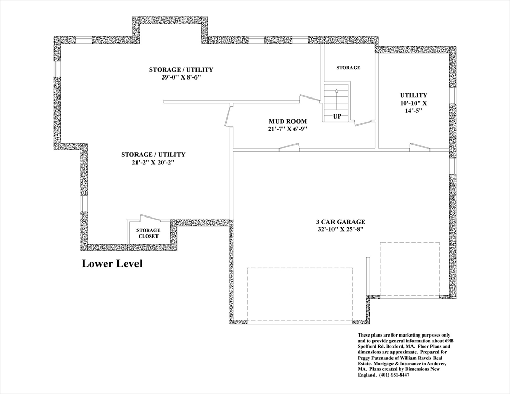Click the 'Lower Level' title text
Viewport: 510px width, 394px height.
[112, 264]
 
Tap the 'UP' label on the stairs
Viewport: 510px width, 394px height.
[337, 116]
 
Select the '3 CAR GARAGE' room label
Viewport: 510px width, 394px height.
[340, 222]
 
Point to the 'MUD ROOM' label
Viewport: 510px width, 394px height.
[288, 122]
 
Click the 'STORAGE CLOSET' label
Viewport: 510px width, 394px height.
[148, 233]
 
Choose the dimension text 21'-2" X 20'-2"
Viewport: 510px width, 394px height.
[153, 163]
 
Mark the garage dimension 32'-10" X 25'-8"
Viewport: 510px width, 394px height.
[340, 230]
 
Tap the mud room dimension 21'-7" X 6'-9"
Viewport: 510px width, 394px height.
[288, 129]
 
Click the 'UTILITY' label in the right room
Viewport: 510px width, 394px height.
[414, 95]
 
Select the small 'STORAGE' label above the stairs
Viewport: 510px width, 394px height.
[348, 68]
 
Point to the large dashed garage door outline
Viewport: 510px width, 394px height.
[300, 294]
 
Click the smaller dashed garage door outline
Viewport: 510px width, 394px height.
[409, 269]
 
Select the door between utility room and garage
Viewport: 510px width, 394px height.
[420, 147]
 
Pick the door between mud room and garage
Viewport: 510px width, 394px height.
[288, 147]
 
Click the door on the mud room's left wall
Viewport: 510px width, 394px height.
[228, 115]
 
